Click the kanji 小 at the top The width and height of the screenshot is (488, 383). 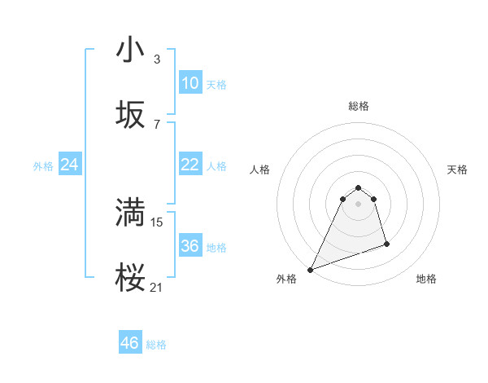coord(130,51)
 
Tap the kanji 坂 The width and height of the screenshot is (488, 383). coord(130,116)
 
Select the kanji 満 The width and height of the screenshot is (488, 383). coord(130,214)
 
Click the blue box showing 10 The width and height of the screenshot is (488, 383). coord(190,83)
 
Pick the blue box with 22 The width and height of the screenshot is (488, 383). coord(190,165)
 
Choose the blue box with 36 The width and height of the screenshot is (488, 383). coord(190,246)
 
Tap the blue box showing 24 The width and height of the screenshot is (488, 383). coord(69,165)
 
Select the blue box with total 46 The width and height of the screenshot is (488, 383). coord(129,343)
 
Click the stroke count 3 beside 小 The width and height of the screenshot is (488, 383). coord(157,59)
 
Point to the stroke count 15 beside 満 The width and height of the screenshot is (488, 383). coord(158,222)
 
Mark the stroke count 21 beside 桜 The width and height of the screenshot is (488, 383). coord(158,287)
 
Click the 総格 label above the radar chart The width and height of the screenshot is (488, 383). coord(359,106)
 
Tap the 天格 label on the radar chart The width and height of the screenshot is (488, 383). coord(458,169)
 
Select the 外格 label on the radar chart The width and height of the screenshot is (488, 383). coord(286,279)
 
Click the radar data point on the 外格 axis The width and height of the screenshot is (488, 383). coord(310,270)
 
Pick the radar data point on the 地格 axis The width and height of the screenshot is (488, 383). coord(386,244)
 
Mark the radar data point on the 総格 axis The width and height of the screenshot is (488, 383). coord(358,186)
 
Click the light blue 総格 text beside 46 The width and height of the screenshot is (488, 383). coord(156,345)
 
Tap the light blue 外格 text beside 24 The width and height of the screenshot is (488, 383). coord(43,166)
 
